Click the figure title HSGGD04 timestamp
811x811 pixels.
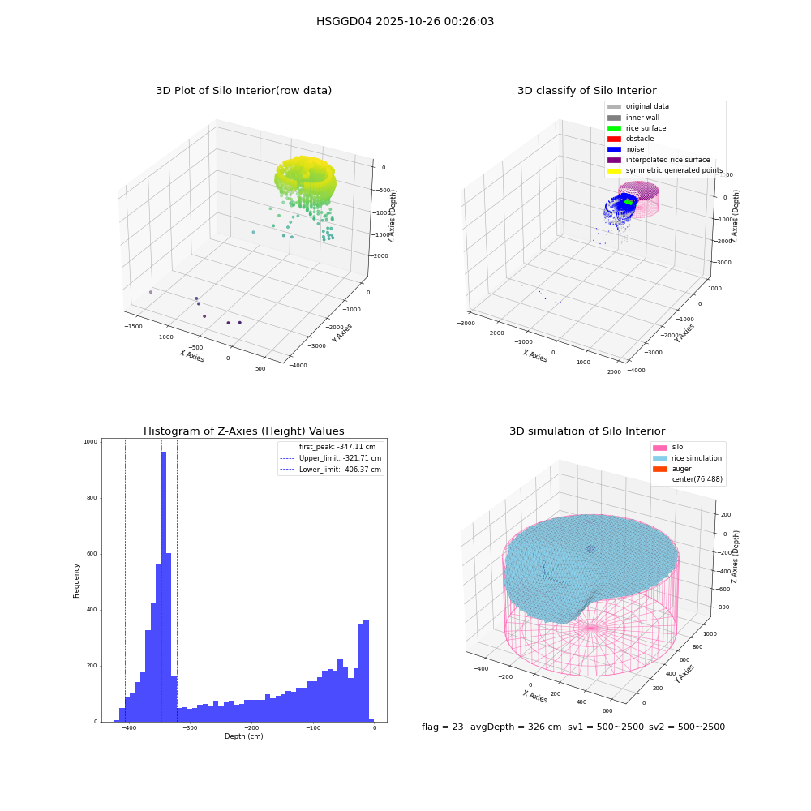tap(405, 21)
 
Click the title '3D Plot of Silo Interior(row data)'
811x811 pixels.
tap(243, 91)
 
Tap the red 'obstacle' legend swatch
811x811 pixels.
tap(614, 139)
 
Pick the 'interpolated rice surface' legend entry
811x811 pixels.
tap(659, 160)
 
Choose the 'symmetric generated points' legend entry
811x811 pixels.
tap(665, 170)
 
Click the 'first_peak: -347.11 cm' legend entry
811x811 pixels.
tap(328, 447)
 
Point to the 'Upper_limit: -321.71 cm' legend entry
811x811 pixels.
tap(331, 458)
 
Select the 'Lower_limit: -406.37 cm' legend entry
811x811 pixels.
tap(331, 470)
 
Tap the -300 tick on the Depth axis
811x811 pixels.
tap(191, 727)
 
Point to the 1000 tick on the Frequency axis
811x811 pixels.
tap(91, 442)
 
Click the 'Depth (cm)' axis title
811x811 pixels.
tap(244, 736)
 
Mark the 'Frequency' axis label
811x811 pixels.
tap(76, 581)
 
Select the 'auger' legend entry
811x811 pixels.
tap(672, 469)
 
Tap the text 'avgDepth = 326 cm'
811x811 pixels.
tap(516, 727)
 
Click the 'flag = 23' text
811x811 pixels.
tap(443, 727)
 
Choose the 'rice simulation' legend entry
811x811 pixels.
tap(688, 458)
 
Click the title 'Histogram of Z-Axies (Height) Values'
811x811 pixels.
tap(243, 431)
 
